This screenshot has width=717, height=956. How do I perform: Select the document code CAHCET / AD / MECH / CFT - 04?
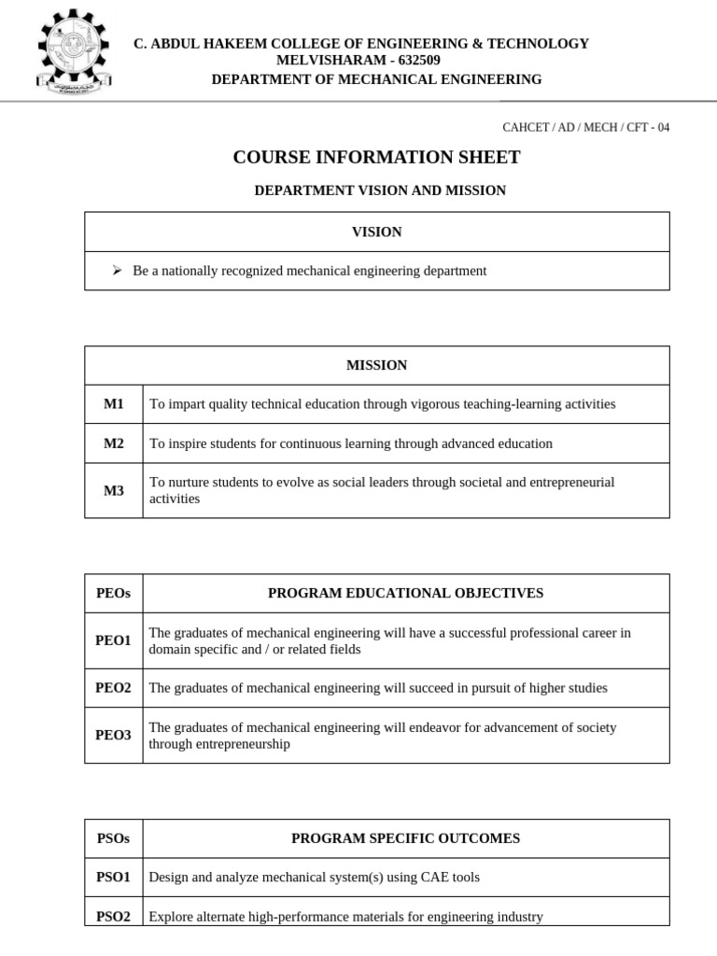coord(586,127)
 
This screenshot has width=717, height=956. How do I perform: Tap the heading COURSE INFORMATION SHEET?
coord(376,157)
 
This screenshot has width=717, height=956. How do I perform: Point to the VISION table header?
coord(376,232)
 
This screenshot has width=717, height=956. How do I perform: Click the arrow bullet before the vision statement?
coord(117,271)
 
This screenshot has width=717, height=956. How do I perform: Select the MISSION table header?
coord(376,365)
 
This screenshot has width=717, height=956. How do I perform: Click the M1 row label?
coord(114,404)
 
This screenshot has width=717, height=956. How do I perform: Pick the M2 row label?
coord(114,443)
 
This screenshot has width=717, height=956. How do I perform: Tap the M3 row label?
coord(114,490)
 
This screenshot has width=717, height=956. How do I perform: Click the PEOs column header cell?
coord(114,593)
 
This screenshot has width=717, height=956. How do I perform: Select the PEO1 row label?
coord(114,640)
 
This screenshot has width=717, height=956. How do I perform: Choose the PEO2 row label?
coord(114,688)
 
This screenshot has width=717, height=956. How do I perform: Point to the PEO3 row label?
coord(114,736)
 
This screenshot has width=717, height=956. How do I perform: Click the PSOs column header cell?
coord(114,838)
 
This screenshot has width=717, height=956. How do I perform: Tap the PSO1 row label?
coord(114,878)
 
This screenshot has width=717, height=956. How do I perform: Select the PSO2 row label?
coord(114,917)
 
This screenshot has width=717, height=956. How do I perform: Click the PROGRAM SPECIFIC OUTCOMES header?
coord(406,838)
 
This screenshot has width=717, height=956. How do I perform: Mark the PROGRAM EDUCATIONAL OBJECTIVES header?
coord(406,593)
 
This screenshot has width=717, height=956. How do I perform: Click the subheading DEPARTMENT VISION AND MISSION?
coord(380,190)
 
